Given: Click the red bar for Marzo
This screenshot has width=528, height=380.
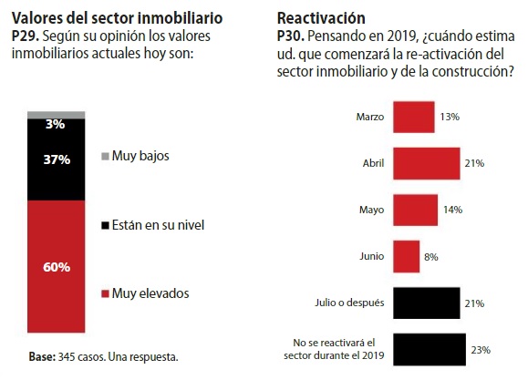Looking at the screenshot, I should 412,118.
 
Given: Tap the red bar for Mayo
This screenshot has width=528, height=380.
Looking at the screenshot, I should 414,210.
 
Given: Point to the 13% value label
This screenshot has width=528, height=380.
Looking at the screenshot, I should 448,118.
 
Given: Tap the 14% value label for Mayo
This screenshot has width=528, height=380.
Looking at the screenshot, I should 451,211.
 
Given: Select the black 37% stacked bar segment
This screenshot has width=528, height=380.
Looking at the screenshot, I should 57,159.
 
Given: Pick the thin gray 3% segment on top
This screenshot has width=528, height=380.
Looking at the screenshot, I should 57,115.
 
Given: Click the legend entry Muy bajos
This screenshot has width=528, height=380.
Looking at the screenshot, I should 140,156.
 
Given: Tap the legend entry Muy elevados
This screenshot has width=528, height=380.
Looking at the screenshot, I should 147,293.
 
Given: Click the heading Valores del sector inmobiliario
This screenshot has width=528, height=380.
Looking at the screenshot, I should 116,17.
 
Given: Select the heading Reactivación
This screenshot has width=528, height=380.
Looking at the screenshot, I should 320,17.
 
